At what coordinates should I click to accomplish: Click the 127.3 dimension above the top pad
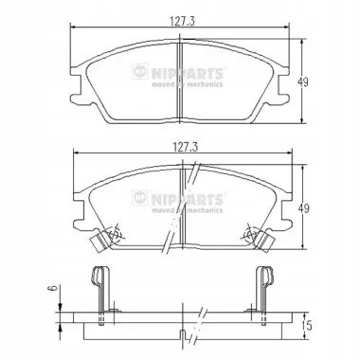[x=182, y=21]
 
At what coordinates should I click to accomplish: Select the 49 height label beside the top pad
[x=303, y=82]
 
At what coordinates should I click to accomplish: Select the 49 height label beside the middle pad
[x=304, y=208]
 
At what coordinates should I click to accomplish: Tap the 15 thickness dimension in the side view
[x=307, y=325]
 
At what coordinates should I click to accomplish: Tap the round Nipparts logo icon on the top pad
[x=139, y=71]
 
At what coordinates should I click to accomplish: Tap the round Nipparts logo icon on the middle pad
[x=139, y=197]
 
